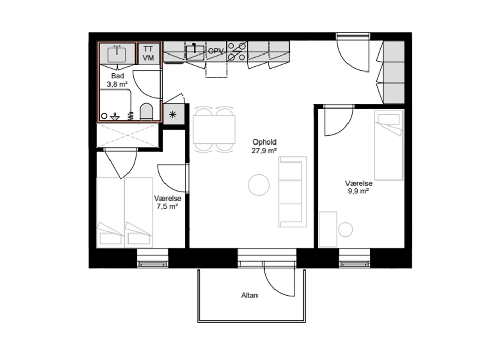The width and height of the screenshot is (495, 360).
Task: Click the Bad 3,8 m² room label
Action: [117, 80]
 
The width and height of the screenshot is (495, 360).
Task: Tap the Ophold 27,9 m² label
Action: [264, 147]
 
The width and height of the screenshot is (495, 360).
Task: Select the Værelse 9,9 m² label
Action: [358, 187]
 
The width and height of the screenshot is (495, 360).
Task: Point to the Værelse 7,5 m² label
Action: [168, 203]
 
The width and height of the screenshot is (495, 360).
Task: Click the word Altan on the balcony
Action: [249, 295]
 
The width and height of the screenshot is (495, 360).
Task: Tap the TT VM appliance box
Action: [149, 53]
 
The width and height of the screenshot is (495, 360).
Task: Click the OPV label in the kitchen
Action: [216, 51]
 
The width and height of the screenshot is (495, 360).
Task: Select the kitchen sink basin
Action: [194, 52]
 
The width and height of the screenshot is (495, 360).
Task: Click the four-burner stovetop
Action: [237, 51]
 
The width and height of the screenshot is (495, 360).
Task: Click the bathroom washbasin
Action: [117, 55]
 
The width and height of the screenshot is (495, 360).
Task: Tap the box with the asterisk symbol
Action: [173, 114]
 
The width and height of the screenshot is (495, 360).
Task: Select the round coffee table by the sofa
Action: [259, 185]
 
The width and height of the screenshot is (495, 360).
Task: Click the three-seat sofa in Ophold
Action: [292, 192]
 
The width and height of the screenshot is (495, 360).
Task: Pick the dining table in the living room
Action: [214, 130]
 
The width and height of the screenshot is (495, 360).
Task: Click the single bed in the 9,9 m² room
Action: [389, 145]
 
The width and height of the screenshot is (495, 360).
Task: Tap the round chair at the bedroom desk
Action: [345, 229]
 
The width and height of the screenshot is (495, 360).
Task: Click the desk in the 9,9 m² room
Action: [328, 229]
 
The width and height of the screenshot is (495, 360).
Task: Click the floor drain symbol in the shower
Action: [115, 117]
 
